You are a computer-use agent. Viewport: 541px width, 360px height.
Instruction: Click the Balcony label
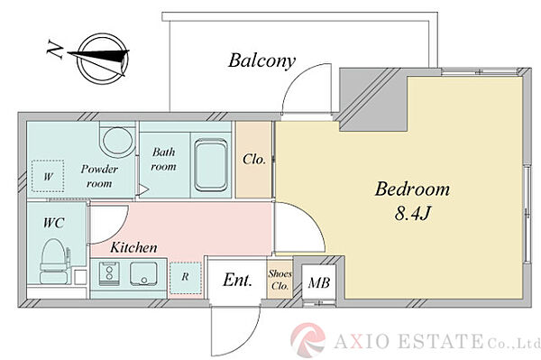(x=261, y=60)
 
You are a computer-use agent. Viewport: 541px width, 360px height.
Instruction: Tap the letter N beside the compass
(x=55, y=49)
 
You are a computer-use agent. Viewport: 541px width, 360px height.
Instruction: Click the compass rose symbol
(x=103, y=59)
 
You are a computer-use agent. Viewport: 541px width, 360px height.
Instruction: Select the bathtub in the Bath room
(x=210, y=165)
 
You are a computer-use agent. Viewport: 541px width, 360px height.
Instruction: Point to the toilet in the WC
(x=54, y=261)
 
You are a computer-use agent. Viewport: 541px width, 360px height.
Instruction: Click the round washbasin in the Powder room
(x=116, y=142)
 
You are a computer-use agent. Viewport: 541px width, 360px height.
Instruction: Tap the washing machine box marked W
(x=48, y=176)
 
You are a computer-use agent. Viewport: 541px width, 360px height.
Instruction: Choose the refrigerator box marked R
(x=185, y=278)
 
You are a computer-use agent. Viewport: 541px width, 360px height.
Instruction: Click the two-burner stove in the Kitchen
(x=109, y=273)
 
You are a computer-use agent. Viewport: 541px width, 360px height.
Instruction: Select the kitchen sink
(x=143, y=273)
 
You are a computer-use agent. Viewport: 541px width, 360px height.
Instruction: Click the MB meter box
(x=319, y=283)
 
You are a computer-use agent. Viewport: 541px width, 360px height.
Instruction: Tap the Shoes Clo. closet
(x=280, y=279)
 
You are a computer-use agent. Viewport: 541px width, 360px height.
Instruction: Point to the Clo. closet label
(x=254, y=160)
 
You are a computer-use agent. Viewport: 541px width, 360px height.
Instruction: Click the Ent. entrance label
(x=237, y=280)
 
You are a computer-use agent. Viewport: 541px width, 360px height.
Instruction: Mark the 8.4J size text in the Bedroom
(x=413, y=213)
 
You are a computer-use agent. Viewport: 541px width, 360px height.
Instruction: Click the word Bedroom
(x=412, y=189)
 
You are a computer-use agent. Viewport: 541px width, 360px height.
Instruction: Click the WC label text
(x=54, y=223)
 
